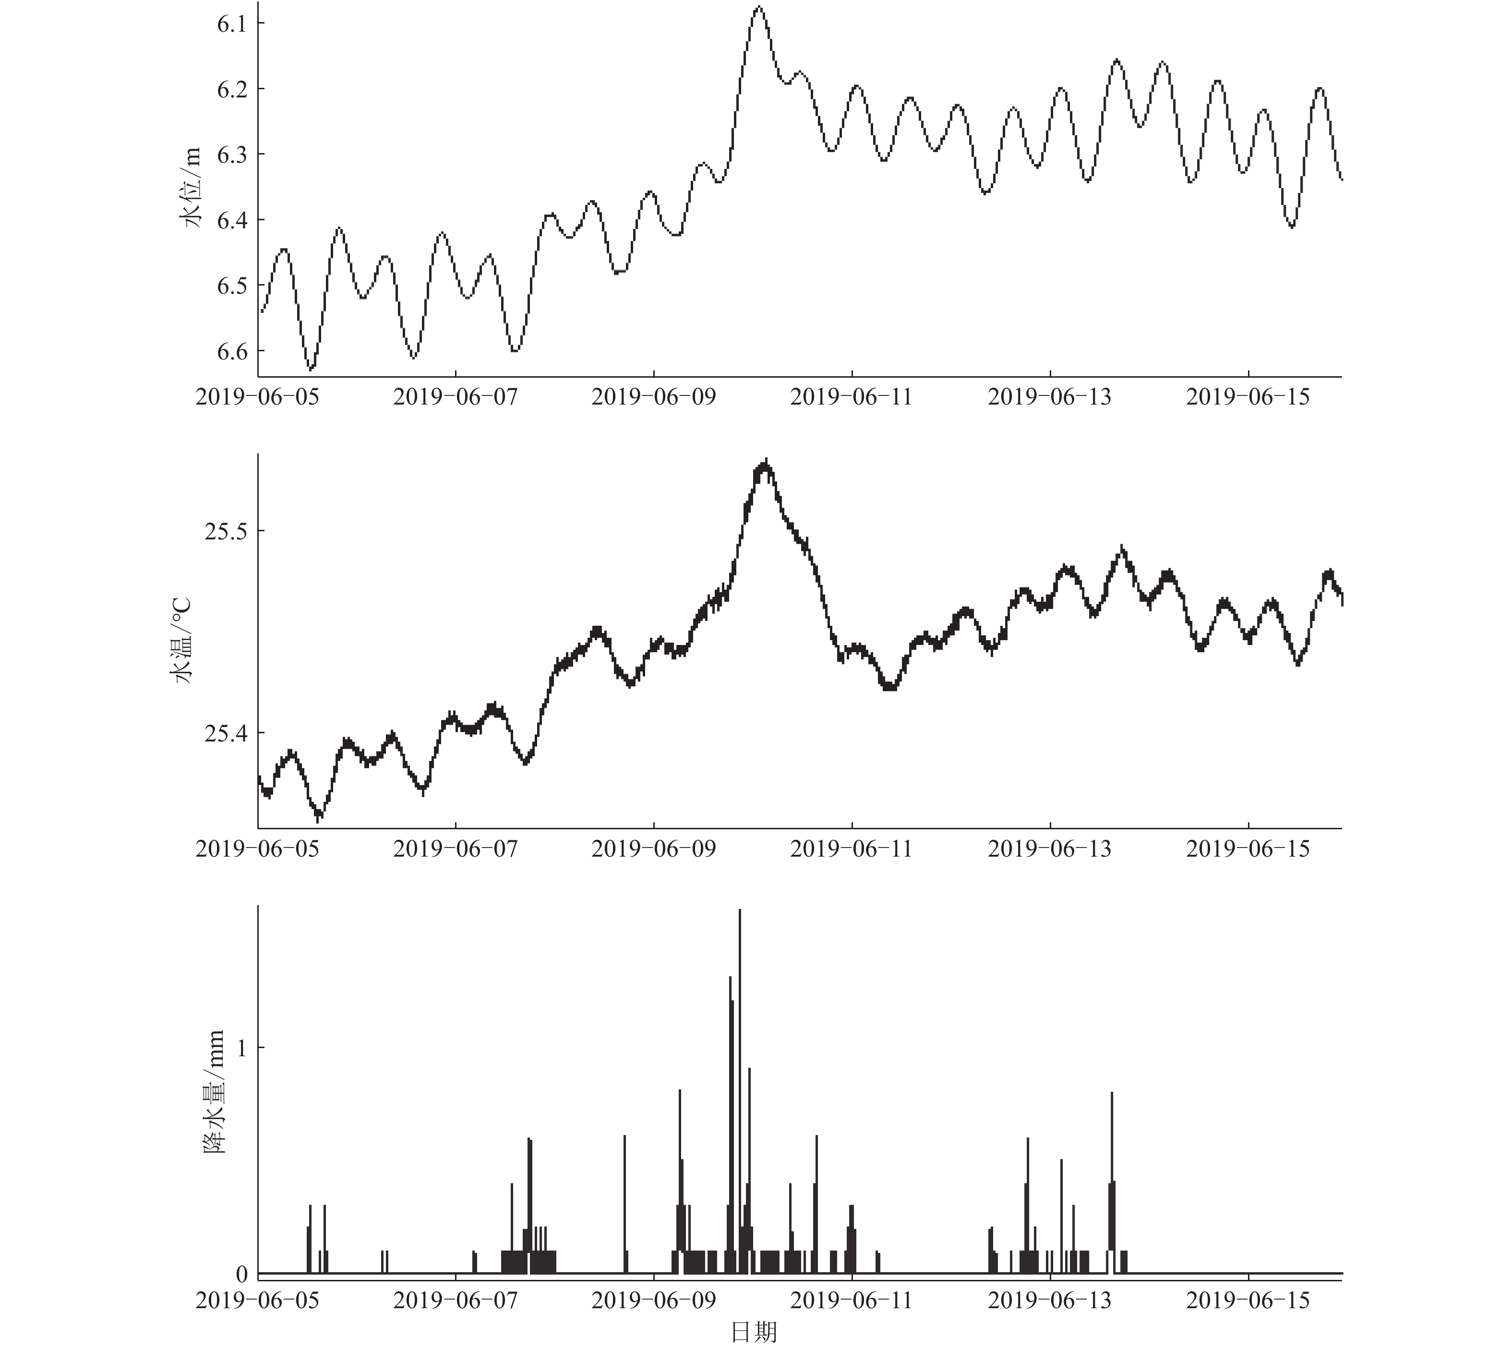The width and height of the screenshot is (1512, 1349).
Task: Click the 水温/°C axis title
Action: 181,640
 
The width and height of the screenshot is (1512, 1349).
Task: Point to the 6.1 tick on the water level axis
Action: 231,24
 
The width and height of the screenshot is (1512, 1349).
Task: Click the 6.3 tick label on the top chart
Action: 231,155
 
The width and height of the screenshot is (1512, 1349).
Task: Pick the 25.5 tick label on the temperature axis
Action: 225,531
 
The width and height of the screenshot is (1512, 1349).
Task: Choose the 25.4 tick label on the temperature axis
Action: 225,734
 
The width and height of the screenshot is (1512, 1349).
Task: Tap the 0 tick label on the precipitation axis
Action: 241,1273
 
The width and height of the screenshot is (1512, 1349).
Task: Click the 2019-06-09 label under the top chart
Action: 654,397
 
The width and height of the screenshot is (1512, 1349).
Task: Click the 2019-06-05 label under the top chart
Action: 257,397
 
